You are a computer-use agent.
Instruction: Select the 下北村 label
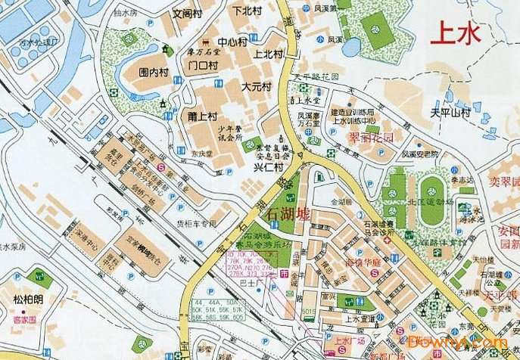[247, 11]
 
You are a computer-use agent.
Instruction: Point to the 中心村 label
[232, 42]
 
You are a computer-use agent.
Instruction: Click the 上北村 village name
[268, 54]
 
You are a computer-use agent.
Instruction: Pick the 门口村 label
[202, 65]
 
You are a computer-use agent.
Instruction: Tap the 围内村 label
[153, 73]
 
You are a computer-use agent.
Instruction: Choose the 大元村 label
[256, 87]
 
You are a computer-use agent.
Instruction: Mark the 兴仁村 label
[267, 166]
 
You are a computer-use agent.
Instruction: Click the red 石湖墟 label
[289, 214]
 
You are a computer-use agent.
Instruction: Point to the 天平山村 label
[450, 113]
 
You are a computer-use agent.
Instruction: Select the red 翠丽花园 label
[372, 138]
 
